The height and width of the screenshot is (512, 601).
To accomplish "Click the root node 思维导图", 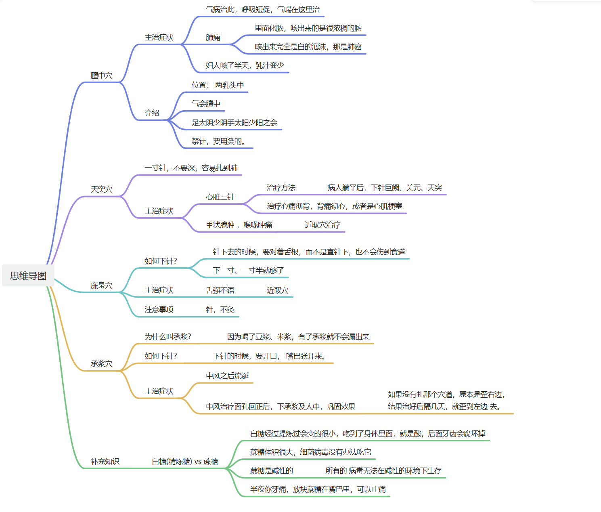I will (28, 276).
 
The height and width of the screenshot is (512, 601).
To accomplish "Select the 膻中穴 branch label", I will (101, 76).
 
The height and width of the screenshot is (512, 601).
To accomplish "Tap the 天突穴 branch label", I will (101, 189).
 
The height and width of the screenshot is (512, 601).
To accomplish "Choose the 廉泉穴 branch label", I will (101, 285).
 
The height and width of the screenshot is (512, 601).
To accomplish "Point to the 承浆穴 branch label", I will (101, 364).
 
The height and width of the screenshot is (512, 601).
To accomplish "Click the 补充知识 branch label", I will (105, 462).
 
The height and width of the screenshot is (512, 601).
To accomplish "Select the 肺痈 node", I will (213, 38).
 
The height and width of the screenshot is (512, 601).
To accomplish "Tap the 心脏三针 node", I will (220, 197).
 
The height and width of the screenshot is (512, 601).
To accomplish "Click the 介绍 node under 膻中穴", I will (152, 113).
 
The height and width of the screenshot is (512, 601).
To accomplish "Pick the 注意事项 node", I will (159, 310).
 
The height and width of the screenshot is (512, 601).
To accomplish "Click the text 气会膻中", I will (206, 104).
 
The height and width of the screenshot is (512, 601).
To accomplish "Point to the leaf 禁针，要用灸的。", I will (218, 141).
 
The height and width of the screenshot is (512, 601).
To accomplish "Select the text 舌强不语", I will (220, 290).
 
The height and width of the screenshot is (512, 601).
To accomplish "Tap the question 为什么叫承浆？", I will (168, 337).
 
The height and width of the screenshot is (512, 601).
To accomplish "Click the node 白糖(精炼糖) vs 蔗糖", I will (185, 462).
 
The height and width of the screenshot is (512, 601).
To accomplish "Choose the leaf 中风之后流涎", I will (227, 376).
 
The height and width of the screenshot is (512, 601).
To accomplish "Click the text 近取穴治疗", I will (322, 225).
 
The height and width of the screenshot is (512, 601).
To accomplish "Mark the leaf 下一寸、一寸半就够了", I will (248, 271).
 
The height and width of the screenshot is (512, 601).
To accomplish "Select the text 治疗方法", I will (281, 188).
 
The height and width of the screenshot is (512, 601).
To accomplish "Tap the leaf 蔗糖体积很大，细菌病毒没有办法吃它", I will (310, 452).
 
